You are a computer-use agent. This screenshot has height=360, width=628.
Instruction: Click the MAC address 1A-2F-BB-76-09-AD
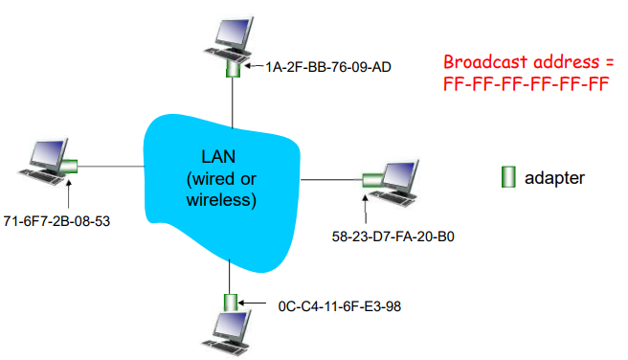point(325,68)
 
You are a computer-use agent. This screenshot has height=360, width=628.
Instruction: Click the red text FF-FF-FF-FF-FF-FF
point(526,83)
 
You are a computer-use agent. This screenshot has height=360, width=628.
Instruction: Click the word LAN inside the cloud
point(219,157)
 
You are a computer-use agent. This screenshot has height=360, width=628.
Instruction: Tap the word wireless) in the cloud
point(219,200)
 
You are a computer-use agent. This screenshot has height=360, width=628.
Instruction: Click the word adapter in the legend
point(554,178)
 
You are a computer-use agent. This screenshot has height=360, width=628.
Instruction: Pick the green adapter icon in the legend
point(508,177)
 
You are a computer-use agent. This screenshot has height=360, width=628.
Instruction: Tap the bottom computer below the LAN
point(229,335)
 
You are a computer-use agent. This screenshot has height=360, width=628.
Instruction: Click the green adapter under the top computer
point(231,70)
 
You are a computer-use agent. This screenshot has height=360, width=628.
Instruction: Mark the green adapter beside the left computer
point(70,168)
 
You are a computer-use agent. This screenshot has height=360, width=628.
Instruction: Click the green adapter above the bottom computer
point(230,304)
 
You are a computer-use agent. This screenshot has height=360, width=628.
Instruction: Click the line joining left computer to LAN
point(110,168)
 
